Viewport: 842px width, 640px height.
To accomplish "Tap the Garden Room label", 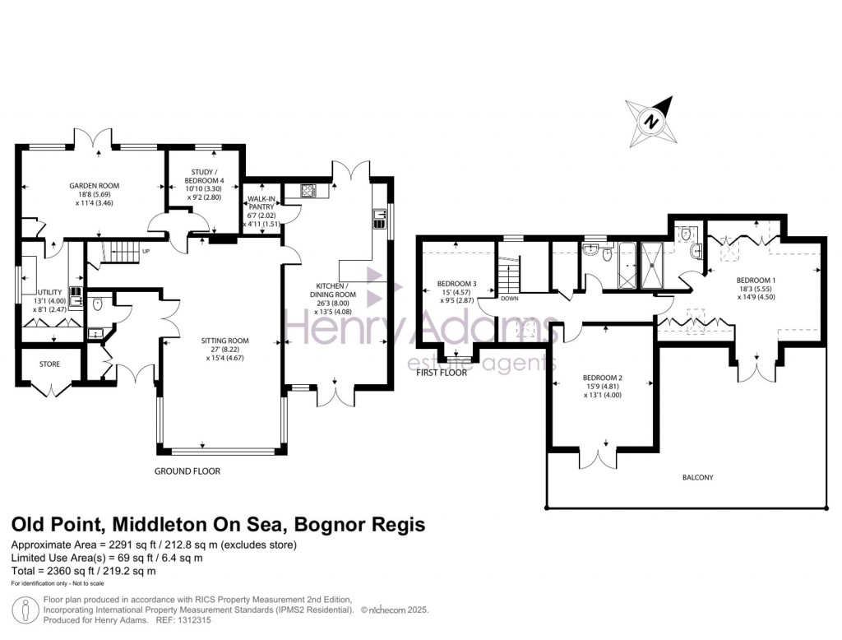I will pos(94,187).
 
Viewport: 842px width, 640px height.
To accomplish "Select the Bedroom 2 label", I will pos(604,378).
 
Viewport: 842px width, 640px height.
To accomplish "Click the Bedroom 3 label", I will pos(452,283).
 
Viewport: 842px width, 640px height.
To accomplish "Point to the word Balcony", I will pos(697,477).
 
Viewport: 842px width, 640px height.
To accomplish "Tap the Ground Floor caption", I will pos(187,471).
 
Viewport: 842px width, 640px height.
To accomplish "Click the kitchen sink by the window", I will pos(380,218).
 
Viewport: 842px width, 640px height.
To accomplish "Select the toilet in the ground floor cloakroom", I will pos(97,305).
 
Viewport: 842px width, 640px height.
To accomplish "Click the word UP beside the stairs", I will pos(146,251).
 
